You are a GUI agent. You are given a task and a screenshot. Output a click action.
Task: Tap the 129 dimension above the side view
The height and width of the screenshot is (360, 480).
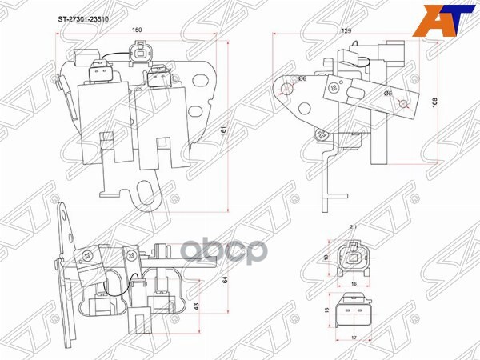click(x=346, y=30)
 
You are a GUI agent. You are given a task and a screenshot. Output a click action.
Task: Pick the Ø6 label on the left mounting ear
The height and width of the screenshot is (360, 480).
click(x=302, y=78)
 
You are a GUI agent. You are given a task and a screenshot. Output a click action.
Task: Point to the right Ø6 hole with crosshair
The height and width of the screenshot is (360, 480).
click(x=406, y=103)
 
